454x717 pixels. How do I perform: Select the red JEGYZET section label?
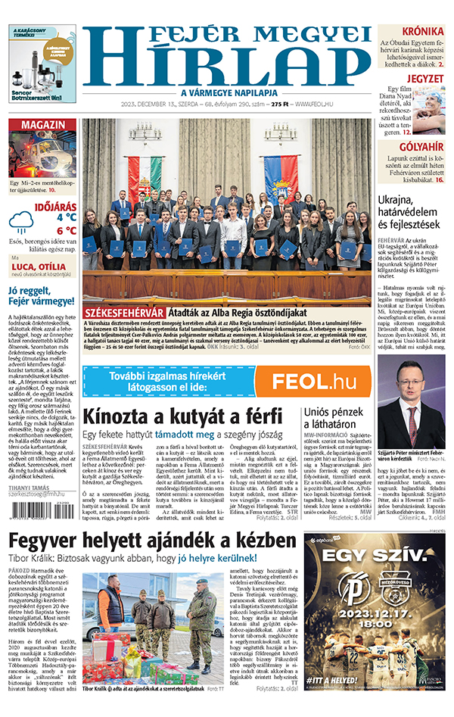click(x=426, y=78)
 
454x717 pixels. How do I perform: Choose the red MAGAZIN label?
click(x=42, y=125)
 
